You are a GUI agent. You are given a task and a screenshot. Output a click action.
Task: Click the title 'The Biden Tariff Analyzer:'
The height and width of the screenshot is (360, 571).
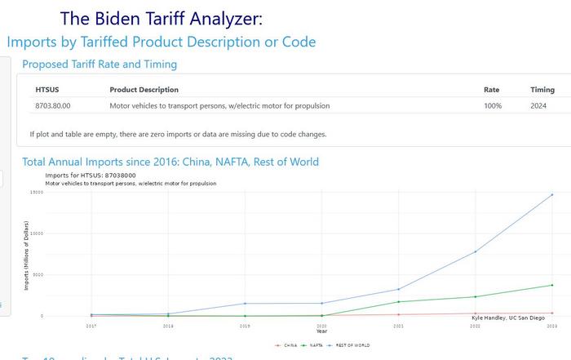point(162,19)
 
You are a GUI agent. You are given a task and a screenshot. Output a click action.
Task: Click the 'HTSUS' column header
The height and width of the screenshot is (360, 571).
point(47,90)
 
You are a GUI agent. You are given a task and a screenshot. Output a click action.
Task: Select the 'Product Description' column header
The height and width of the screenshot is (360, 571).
point(144,90)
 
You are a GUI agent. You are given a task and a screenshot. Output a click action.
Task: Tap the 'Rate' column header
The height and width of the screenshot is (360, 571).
point(491,90)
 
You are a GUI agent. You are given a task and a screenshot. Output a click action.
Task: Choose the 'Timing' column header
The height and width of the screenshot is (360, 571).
point(542,90)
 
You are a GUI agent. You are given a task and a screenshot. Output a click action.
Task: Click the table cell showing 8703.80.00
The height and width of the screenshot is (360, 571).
point(53,106)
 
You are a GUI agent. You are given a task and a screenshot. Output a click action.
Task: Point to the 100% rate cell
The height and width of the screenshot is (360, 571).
point(493,106)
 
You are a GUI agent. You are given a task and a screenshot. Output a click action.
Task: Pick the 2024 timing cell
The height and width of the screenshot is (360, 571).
point(538,106)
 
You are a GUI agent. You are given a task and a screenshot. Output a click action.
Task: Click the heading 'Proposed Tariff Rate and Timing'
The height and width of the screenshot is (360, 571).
point(100,64)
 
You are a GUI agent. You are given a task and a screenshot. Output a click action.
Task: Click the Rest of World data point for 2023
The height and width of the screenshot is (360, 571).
point(552,194)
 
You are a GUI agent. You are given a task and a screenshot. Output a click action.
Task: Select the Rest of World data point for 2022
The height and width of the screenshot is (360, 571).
point(476,251)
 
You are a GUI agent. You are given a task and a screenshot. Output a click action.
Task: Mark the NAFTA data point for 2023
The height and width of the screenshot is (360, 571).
point(552,285)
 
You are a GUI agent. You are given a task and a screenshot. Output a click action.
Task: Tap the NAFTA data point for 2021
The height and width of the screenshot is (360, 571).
point(399,302)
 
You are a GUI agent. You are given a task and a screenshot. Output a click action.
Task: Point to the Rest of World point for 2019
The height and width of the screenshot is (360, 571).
point(245,304)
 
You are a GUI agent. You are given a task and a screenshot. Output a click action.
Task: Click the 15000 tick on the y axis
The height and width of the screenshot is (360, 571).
point(37,193)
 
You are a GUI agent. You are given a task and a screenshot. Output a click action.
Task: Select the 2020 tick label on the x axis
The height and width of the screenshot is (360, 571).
point(321,325)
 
